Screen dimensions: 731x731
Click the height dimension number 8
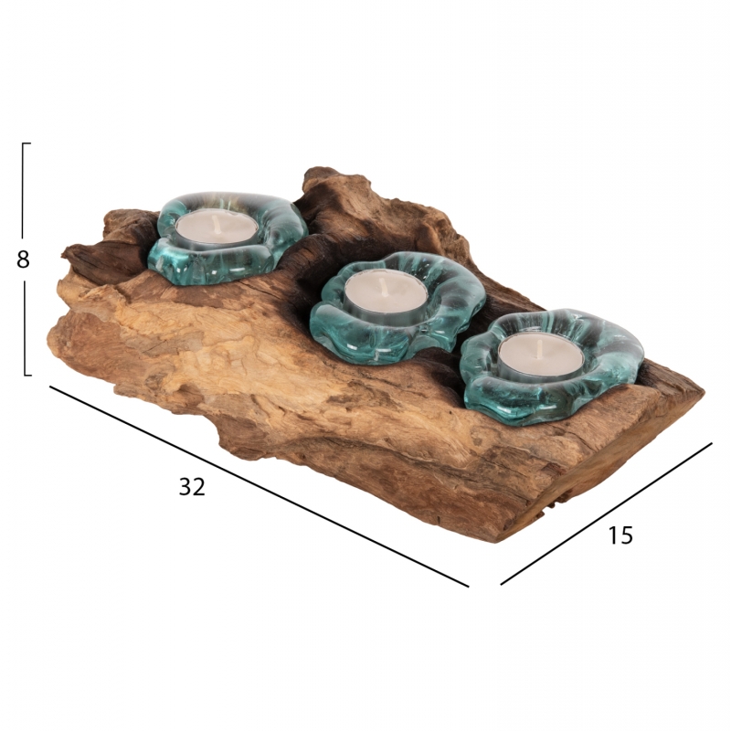(x=23, y=260)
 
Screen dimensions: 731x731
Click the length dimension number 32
(x=192, y=487)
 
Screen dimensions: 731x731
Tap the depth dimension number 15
(x=620, y=535)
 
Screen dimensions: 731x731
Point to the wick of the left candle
(x=215, y=221)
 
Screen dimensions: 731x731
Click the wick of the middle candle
(x=383, y=285)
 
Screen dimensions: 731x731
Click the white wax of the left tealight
(x=217, y=228)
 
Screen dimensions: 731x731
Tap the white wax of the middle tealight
(x=386, y=291)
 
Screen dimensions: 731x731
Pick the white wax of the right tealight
(x=541, y=355)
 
